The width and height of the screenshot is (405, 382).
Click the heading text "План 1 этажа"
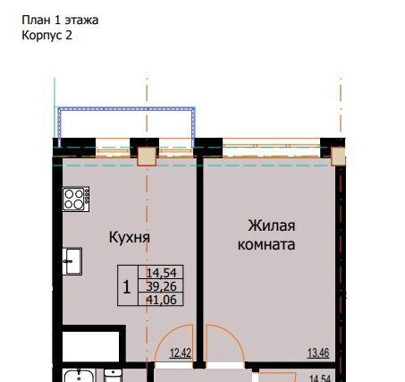coord(60,21)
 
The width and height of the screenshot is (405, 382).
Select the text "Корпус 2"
coord(46,36)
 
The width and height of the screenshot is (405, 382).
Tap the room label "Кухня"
coord(130,237)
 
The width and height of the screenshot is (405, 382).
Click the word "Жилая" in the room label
coord(272,225)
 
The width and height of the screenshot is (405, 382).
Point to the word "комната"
coord(266,244)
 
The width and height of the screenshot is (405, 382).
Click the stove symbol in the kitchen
coord(76,199)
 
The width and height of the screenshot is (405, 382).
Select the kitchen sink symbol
coord(72,261)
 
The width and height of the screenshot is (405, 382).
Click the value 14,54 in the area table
coord(162,273)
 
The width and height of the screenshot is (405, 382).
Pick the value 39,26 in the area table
coord(162,286)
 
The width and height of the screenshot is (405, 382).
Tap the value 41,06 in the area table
coord(162,300)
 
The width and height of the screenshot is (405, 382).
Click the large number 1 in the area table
coord(127,287)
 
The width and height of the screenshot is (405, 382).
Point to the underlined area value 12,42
coord(181,353)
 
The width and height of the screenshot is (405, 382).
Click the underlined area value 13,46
coord(318,353)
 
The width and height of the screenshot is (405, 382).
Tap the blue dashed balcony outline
coord(126,109)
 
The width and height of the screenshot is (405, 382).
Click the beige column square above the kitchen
coord(147,157)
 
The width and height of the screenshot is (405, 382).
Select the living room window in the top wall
coord(271,148)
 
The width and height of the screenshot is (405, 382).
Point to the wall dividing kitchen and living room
coord(199,260)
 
